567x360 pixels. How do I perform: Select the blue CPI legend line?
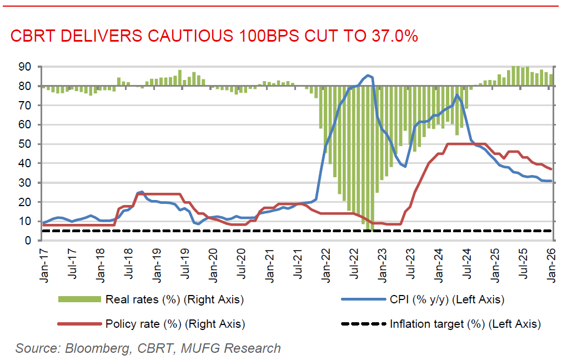click(x=363, y=299)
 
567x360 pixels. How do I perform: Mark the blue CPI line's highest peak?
click(x=368, y=75)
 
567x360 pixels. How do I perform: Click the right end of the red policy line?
click(x=551, y=169)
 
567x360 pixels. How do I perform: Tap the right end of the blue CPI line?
click(x=551, y=181)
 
